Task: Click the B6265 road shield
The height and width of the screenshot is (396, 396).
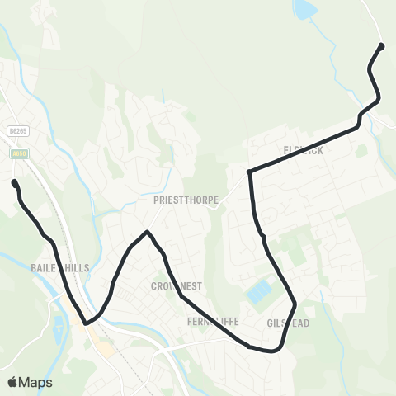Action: (16, 130)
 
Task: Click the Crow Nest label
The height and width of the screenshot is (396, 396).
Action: (177, 285)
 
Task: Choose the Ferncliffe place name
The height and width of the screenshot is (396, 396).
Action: (213, 321)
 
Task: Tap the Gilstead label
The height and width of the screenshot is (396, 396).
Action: (289, 323)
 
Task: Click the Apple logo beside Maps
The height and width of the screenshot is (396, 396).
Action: (13, 382)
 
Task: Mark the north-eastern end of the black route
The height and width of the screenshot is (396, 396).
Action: (381, 45)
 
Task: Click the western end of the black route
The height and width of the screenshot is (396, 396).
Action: (14, 183)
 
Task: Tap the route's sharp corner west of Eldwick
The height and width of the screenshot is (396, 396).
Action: (249, 172)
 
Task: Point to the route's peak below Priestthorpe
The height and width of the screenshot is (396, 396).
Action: (147, 232)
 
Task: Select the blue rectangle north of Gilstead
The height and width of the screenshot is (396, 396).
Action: (261, 291)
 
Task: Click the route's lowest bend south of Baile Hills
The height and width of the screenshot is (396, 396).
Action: (87, 323)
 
